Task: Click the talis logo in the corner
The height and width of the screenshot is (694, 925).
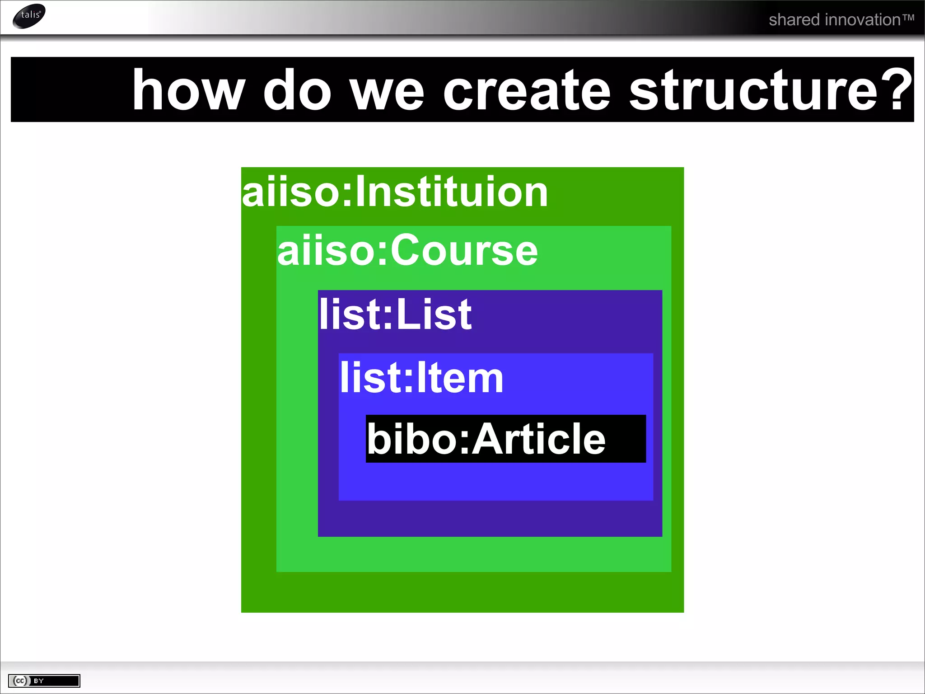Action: (x=29, y=16)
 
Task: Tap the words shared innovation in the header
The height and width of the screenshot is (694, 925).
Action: (x=834, y=20)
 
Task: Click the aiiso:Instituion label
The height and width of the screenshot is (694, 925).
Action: (x=395, y=192)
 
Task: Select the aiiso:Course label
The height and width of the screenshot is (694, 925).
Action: (x=407, y=251)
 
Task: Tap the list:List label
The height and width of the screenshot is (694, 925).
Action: (x=395, y=314)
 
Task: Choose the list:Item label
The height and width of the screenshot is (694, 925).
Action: (x=421, y=378)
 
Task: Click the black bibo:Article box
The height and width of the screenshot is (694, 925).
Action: (x=505, y=439)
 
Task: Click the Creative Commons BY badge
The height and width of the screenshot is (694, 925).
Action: (x=44, y=681)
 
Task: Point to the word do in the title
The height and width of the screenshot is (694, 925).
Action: (x=297, y=90)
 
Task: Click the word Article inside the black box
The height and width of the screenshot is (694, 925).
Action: (x=538, y=439)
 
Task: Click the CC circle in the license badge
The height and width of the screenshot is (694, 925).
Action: (x=20, y=681)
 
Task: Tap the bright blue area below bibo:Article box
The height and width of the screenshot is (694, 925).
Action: (x=496, y=482)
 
